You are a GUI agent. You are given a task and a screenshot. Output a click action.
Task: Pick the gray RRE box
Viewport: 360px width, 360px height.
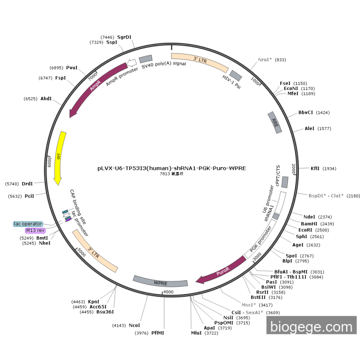point(275,123)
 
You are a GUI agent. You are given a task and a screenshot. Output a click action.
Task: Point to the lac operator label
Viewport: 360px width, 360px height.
point(28,224)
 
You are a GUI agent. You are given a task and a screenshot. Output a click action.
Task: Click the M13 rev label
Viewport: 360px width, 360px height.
point(35,231)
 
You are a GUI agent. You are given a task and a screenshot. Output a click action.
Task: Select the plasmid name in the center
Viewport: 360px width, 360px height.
point(172,168)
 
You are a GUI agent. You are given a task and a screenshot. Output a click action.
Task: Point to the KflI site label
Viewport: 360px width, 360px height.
point(315,168)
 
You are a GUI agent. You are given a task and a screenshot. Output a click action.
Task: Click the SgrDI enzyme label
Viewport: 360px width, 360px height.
point(124,37)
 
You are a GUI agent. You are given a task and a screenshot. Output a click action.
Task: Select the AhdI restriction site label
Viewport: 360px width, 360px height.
point(46,98)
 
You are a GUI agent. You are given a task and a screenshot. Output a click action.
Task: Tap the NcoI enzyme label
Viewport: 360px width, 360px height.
point(134,325)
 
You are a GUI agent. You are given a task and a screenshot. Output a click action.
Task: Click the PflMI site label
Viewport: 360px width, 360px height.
point(158,333)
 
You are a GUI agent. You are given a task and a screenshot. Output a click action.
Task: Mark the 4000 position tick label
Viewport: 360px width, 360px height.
point(168,292)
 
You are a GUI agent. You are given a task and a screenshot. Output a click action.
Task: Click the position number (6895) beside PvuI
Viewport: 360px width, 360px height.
point(56,68)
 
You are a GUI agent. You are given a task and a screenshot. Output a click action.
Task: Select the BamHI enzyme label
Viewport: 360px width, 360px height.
point(310,224)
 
